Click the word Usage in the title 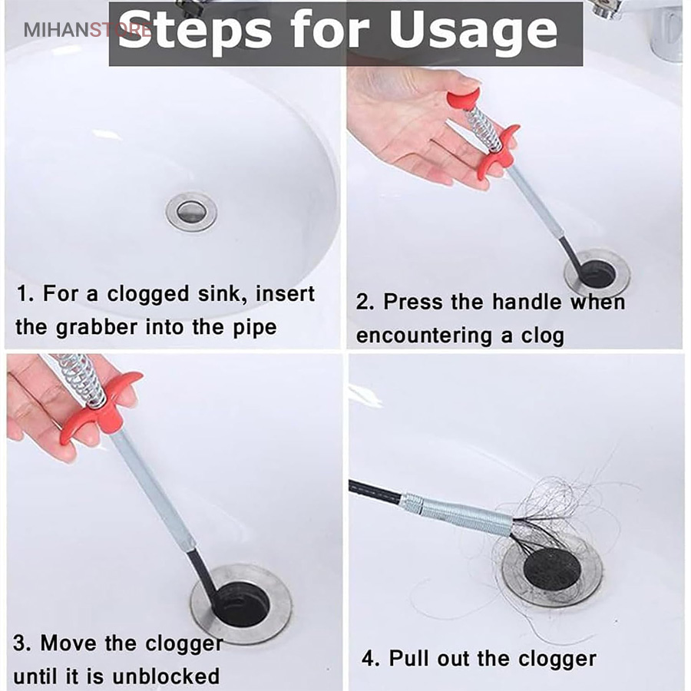(473, 30)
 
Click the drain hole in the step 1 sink (191, 212)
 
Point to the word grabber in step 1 (97, 328)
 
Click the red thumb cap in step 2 (463, 100)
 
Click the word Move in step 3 (69, 643)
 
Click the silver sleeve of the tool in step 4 (458, 513)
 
